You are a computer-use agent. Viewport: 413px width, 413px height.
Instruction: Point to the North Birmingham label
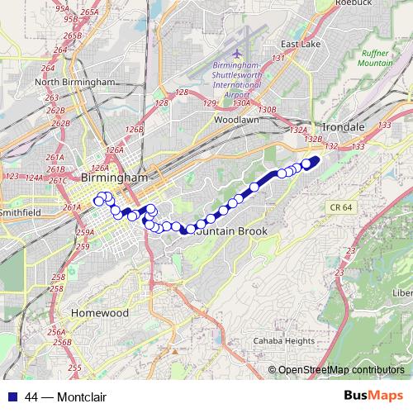[75, 82]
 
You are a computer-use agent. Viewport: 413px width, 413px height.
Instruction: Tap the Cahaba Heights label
[283, 341]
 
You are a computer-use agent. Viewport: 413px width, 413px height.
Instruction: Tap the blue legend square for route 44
[12, 397]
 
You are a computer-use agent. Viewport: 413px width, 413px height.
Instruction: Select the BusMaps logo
[374, 396]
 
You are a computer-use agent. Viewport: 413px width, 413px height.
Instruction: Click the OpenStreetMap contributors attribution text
[343, 369]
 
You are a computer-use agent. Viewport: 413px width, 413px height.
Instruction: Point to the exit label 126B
[135, 130]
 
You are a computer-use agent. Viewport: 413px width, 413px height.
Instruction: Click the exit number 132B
[312, 139]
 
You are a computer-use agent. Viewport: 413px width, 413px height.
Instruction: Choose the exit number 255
[74, 368]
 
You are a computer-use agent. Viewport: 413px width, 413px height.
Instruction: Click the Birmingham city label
[115, 178]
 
